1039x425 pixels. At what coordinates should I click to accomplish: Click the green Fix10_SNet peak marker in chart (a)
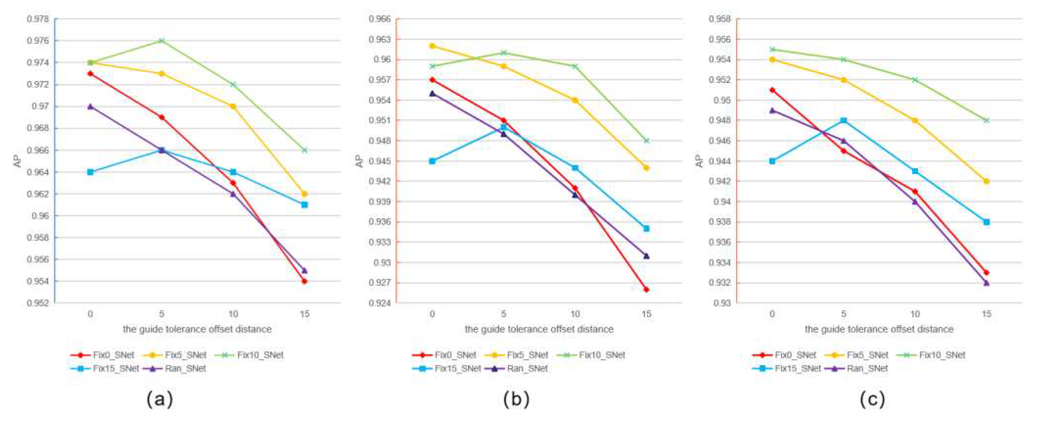[x=161, y=41]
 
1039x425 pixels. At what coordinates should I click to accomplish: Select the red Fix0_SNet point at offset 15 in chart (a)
[x=305, y=281]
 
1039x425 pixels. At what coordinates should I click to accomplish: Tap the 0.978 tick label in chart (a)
[x=38, y=19]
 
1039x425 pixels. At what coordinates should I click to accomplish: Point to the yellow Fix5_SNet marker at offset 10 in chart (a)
[x=233, y=106]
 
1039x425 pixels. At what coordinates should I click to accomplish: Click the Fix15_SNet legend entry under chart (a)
[x=105, y=369]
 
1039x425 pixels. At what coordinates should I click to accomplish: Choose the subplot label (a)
[x=160, y=400]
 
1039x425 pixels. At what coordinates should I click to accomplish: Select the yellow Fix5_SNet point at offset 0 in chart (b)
[x=432, y=46]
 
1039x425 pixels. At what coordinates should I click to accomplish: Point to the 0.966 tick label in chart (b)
[x=380, y=19]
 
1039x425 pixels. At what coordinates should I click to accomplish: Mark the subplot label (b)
[x=516, y=400]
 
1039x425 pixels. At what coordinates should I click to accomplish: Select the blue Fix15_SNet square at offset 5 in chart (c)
[x=843, y=120]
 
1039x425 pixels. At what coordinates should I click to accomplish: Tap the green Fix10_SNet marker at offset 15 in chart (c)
[x=986, y=120]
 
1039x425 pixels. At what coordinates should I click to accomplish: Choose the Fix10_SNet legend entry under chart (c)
[x=931, y=355]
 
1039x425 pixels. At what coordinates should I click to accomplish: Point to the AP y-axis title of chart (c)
[x=700, y=161]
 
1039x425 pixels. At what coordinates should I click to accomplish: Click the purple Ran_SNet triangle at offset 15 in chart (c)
[x=986, y=283]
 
